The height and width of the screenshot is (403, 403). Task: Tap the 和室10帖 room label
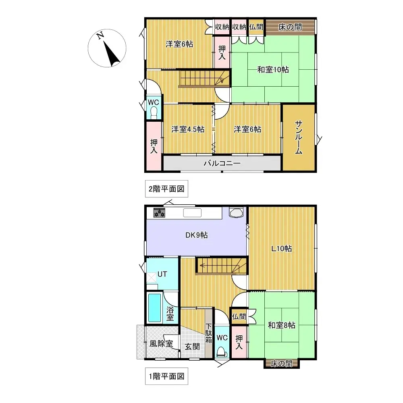click(273, 69)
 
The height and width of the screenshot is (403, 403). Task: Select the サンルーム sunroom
click(299, 137)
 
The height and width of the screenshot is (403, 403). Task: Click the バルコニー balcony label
click(222, 163)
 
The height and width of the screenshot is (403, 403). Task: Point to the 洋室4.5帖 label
click(187, 129)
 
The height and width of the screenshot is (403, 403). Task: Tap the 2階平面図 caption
click(166, 189)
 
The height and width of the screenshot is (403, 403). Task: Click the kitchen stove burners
click(160, 213)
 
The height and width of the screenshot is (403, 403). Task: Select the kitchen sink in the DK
click(192, 213)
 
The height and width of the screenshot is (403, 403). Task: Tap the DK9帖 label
click(197, 235)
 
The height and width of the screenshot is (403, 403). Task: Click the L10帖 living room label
click(281, 249)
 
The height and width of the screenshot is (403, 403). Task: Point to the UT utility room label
click(162, 274)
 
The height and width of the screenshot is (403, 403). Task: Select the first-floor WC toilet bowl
click(222, 352)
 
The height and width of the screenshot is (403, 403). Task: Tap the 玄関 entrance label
click(192, 346)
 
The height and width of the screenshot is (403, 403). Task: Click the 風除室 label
click(161, 344)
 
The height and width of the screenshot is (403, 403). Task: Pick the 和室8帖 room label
click(282, 325)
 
